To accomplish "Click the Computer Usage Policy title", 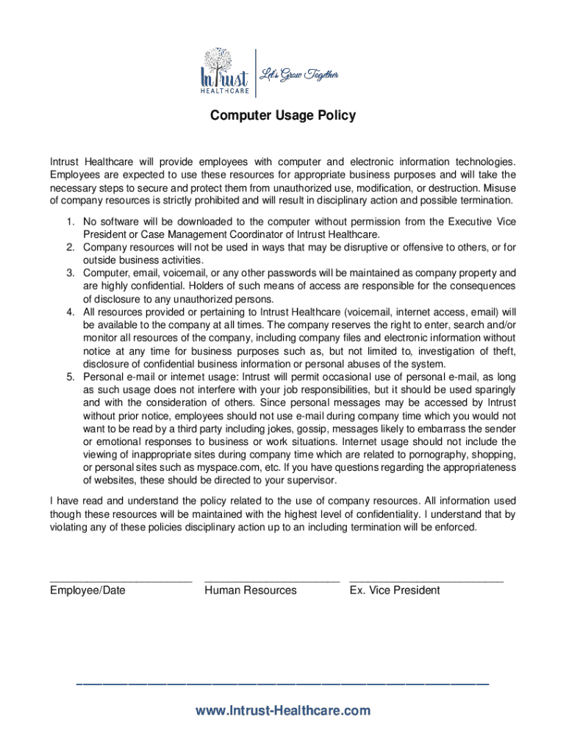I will pyautogui.click(x=283, y=115).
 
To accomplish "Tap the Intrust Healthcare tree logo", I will pyautogui.click(x=225, y=72).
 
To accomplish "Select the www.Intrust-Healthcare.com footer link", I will pyautogui.click(x=283, y=710).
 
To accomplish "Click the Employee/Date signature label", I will pyautogui.click(x=87, y=590).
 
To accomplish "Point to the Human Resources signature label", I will pyautogui.click(x=251, y=590).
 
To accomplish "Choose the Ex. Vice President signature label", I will pyautogui.click(x=395, y=590).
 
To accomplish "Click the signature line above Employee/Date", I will pyautogui.click(x=121, y=580).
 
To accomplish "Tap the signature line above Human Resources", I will pyautogui.click(x=272, y=580).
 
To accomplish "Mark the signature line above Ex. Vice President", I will pyautogui.click(x=426, y=580).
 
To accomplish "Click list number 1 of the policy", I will pyautogui.click(x=70, y=222).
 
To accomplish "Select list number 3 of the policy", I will pyautogui.click(x=70, y=273).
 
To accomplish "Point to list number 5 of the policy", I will pyautogui.click(x=70, y=377).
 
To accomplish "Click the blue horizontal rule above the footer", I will pyautogui.click(x=283, y=684).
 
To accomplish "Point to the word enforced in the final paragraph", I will pyautogui.click(x=456, y=527).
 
